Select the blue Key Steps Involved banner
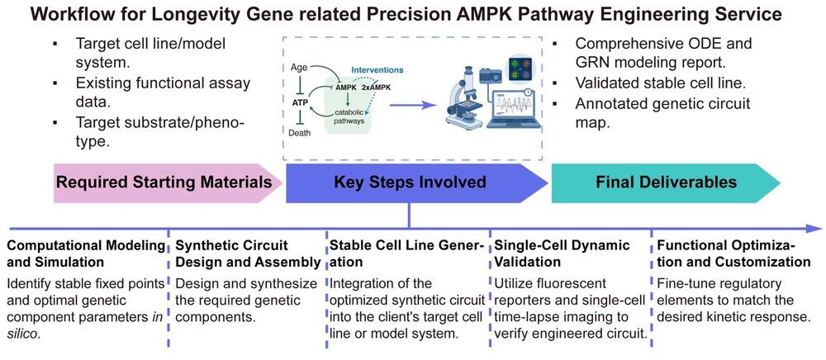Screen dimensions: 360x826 point(410,182)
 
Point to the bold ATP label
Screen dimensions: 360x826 point(300,102)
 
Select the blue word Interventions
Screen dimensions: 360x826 point(384,71)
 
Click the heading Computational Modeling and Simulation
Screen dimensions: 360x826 point(86,253)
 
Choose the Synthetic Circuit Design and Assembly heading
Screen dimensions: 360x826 point(247,253)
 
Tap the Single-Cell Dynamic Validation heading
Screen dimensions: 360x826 point(562,253)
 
